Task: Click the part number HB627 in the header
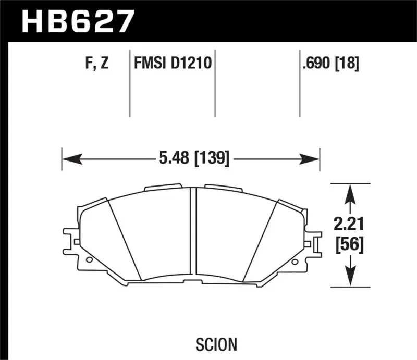point(77,21)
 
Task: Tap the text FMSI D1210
point(172,65)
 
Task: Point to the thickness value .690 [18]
point(330,65)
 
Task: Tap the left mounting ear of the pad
point(69,237)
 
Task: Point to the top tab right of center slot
point(224,188)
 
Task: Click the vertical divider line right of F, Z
point(129,83)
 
